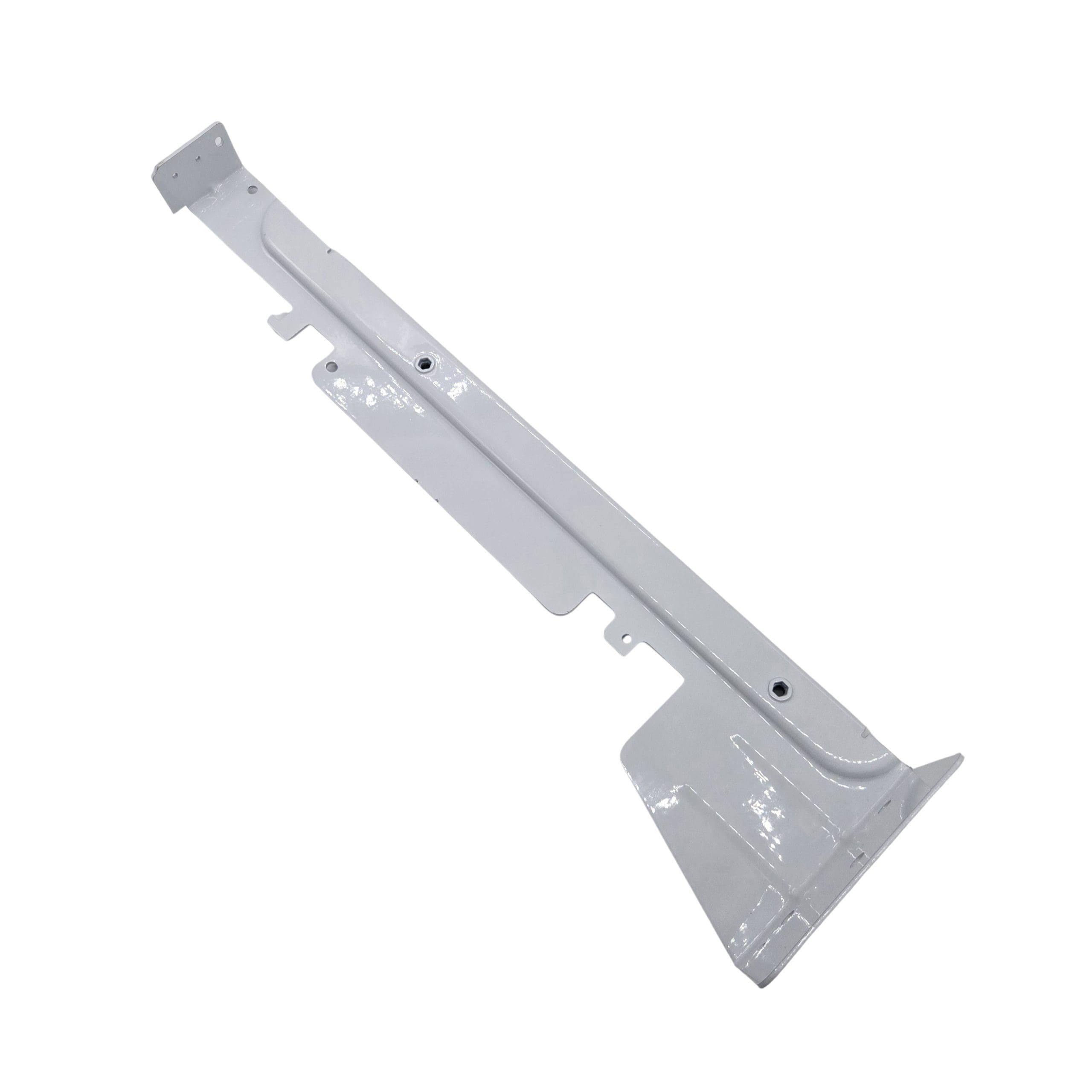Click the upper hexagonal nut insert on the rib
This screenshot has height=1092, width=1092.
(x=423, y=363)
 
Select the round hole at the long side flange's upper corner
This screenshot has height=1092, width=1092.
(x=332, y=367)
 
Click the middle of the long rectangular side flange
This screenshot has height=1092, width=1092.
(x=447, y=486)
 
